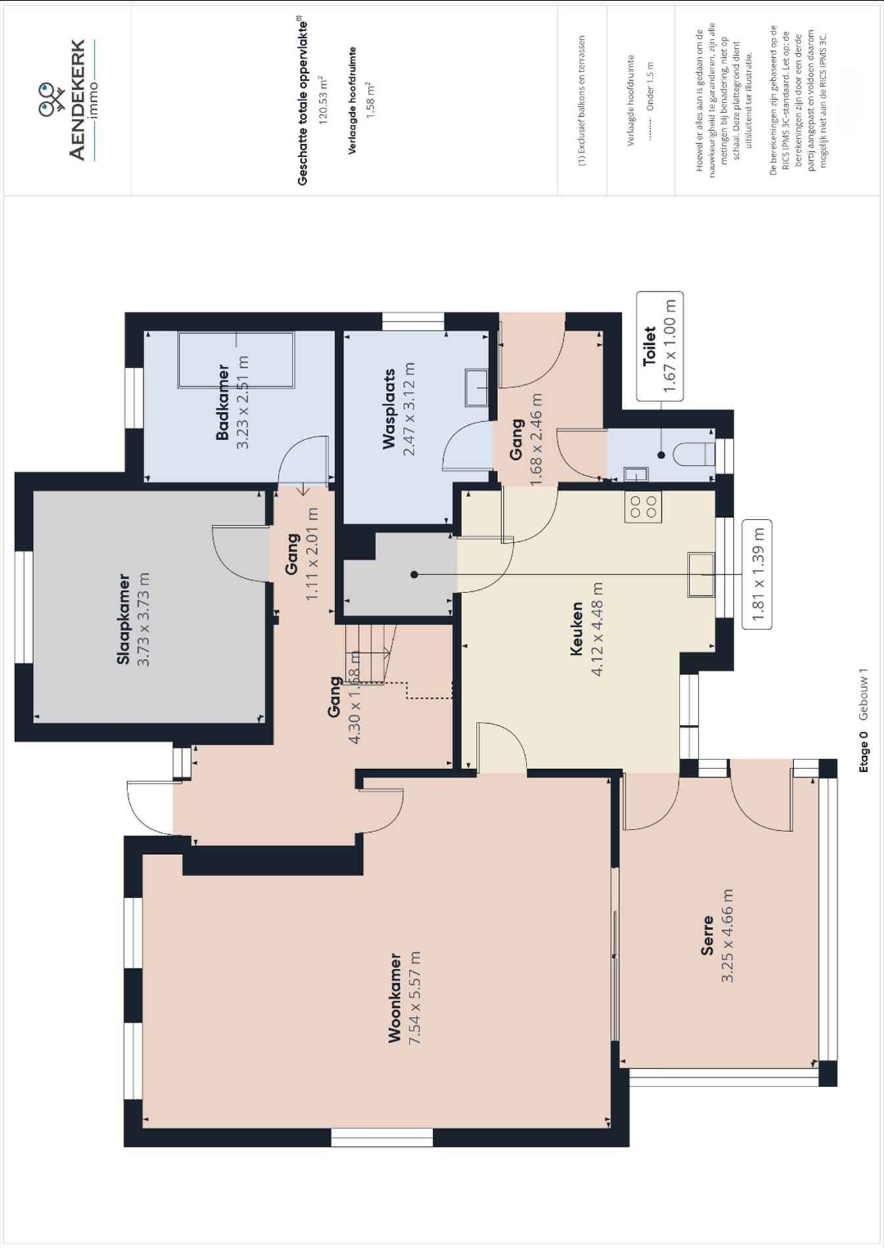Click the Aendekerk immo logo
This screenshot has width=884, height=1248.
coord(69,100)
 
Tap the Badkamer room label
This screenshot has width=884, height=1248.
coord(223,402)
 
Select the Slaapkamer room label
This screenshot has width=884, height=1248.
coord(123,619)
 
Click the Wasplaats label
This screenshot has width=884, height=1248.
coord(390,409)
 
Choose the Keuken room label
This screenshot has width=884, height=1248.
coord(576,629)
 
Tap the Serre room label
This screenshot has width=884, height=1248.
coord(707,935)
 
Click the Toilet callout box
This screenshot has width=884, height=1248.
coord(660,346)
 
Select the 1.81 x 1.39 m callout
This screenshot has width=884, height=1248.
coord(757,574)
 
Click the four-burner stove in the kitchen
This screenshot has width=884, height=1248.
coord(643,506)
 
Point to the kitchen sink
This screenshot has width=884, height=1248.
coord(701,575)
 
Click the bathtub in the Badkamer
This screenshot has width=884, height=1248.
coord(236,360)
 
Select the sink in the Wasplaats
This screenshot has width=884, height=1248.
coord(477,388)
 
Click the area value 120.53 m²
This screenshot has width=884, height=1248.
coord(323,100)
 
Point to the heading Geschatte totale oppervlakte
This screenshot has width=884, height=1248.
coord(302,102)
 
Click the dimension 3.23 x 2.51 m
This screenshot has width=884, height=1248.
coord(243,402)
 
